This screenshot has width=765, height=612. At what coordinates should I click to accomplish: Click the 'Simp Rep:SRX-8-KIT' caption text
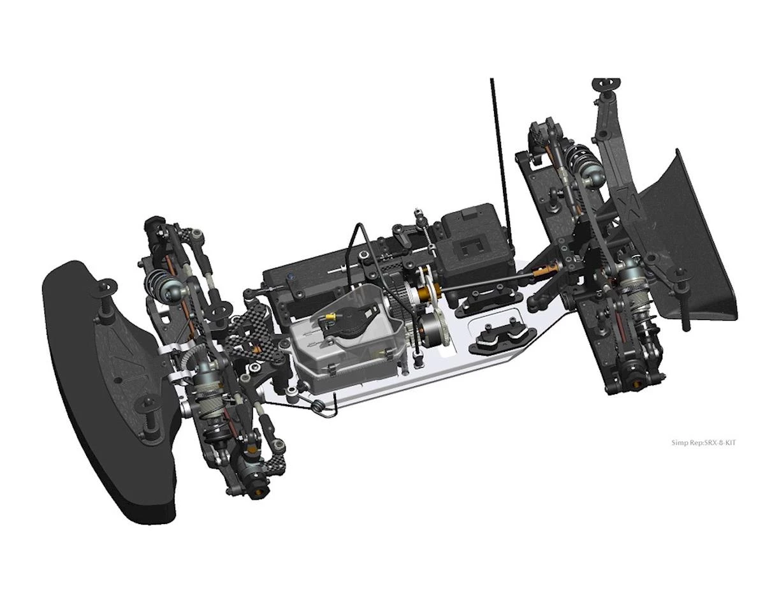[703, 442]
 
